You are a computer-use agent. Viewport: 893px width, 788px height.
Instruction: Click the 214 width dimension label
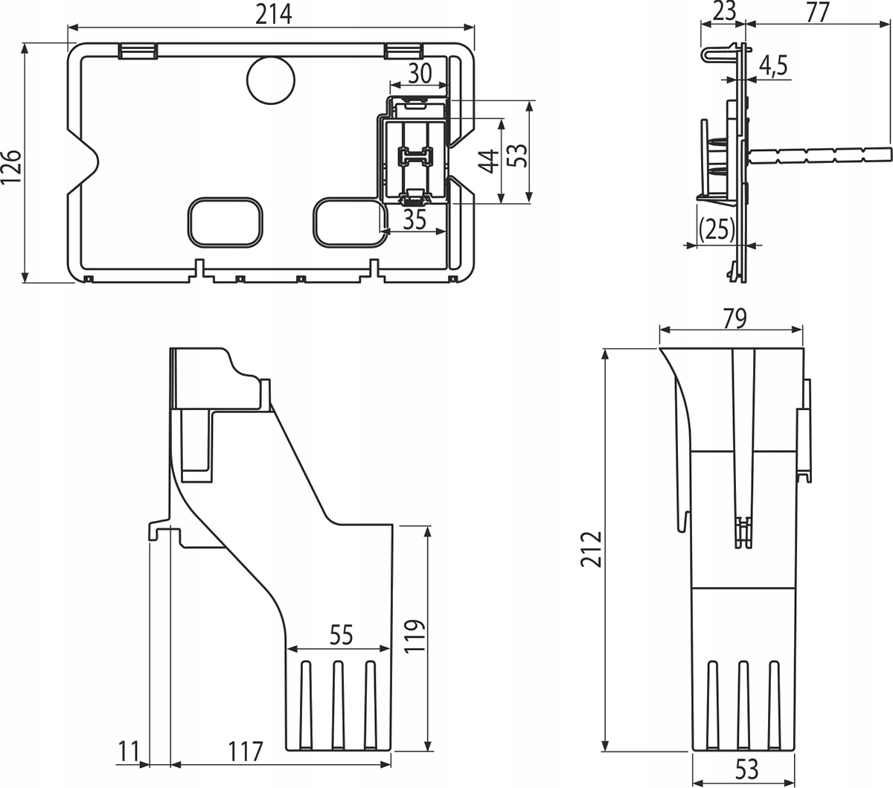coord(273,13)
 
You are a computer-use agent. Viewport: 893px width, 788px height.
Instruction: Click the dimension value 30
coord(420,73)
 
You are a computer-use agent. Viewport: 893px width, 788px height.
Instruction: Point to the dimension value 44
coord(488,161)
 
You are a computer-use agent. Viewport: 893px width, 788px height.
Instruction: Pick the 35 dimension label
coord(414,220)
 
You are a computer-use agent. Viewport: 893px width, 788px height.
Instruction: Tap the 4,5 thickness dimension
coord(773,66)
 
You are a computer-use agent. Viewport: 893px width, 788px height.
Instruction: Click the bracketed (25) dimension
coord(717,228)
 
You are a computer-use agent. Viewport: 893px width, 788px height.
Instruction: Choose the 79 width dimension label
coord(733,318)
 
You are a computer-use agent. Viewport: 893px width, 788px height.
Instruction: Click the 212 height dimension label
coord(592,549)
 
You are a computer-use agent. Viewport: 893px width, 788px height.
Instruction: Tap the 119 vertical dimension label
coord(415,635)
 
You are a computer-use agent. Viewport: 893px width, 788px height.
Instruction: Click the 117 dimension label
coord(246,752)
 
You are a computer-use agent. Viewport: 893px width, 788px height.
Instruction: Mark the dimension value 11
coord(129,752)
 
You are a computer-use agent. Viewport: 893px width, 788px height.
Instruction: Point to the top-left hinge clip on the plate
coord(137,51)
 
